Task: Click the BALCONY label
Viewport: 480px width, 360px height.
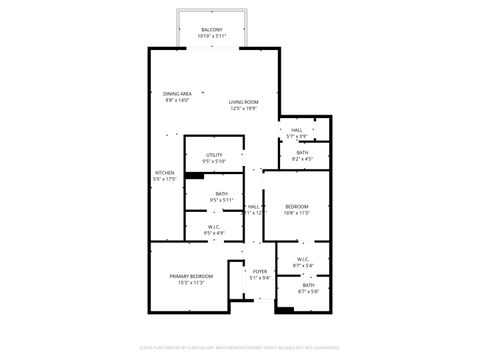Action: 213,30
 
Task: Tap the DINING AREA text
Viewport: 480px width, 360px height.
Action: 178,93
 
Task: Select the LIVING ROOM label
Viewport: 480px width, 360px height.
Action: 244,102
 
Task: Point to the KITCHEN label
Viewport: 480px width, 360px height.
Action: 165,173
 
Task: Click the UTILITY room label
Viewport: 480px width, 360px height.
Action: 214,154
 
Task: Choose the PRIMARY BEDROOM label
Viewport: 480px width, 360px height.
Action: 184,276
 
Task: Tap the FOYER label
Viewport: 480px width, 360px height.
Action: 260,271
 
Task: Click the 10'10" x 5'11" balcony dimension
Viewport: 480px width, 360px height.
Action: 213,37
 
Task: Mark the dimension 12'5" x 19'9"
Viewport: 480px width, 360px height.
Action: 244,109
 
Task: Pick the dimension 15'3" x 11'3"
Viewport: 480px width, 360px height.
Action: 184,283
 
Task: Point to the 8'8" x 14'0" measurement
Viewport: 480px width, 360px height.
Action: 178,100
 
